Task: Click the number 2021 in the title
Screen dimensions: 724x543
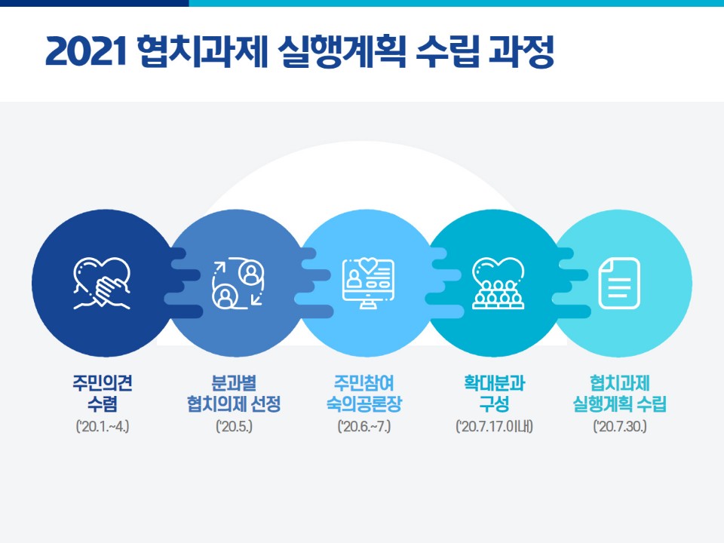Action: click(x=86, y=51)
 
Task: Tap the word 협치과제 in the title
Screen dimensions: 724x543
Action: click(x=203, y=51)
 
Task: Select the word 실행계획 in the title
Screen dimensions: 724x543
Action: click(x=342, y=51)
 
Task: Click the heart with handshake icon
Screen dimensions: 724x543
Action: click(x=102, y=284)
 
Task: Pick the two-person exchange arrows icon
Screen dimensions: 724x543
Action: click(x=238, y=284)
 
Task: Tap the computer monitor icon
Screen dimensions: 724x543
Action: click(x=368, y=283)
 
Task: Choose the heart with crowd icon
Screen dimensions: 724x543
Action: click(x=499, y=283)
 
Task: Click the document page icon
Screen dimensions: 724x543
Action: click(x=619, y=283)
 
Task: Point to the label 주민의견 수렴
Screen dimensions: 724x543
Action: click(x=103, y=393)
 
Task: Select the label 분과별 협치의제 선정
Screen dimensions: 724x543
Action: click(x=234, y=393)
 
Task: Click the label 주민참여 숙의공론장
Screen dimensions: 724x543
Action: click(x=364, y=393)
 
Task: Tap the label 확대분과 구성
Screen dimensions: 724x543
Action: click(x=495, y=393)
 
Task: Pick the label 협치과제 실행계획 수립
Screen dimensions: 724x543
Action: click(x=620, y=393)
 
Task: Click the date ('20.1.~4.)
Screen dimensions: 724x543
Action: click(x=103, y=425)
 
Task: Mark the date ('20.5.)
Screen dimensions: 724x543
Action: click(x=234, y=425)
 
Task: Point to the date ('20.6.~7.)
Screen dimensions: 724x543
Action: click(x=364, y=425)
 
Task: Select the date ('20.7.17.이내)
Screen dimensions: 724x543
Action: click(x=495, y=425)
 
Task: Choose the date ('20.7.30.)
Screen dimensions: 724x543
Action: click(x=620, y=425)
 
